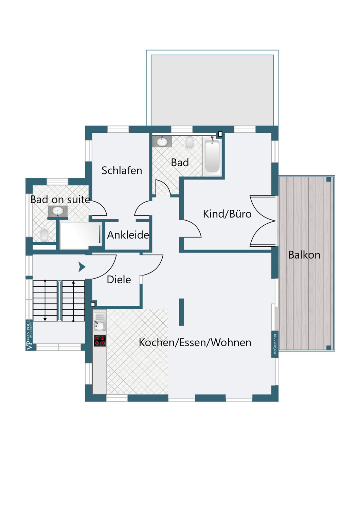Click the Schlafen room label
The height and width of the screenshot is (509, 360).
[122, 170]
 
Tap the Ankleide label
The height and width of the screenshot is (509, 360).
[128, 235]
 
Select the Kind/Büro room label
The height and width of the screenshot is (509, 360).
[227, 214]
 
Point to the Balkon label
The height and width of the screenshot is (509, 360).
[304, 255]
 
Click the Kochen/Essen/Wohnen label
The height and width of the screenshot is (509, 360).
[195, 342]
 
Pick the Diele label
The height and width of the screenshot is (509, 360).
[119, 280]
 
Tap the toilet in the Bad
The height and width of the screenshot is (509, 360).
[190, 142]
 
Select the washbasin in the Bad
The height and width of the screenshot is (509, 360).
[162, 142]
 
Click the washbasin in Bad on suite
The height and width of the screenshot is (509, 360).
[57, 211]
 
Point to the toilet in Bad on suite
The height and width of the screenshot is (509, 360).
[44, 235]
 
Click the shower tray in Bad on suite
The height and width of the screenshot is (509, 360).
[81, 235]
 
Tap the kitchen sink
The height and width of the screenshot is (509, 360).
[100, 322]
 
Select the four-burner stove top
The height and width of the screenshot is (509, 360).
[100, 341]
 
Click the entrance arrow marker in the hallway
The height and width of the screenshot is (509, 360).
[82, 267]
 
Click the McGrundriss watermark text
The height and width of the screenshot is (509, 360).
[275, 344]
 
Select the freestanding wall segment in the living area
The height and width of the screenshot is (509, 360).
[181, 312]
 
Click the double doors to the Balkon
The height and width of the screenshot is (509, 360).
[263, 221]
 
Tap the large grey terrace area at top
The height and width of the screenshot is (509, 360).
[212, 90]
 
